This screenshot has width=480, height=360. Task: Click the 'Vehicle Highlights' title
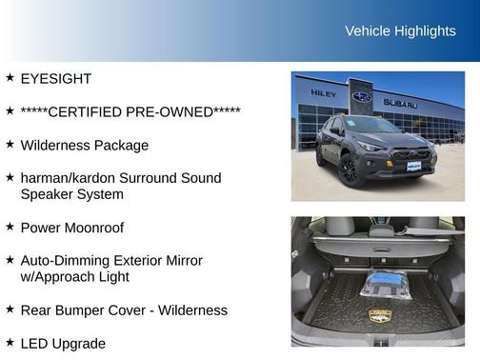[x=399, y=31]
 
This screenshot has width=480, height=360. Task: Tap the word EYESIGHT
[x=56, y=78]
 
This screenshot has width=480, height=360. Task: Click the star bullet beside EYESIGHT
[x=10, y=77]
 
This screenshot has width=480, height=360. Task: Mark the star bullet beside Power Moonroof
[x=10, y=227]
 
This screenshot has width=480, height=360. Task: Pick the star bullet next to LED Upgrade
[x=10, y=342]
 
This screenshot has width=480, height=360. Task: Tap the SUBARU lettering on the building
[x=400, y=103]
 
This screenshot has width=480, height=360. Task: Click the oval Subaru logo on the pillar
[x=362, y=97]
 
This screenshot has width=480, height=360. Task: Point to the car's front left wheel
[x=349, y=170]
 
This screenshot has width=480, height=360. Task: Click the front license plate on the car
[x=413, y=166]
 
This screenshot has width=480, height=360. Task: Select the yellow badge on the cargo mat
[x=379, y=315]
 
